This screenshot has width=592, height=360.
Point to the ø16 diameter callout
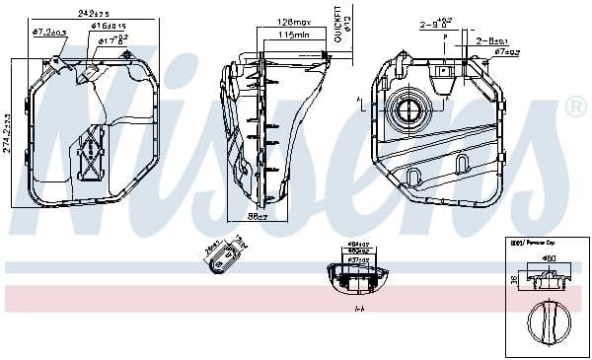click(111, 28)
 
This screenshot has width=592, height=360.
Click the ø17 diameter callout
click(111, 41)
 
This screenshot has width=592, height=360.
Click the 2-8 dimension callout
click(488, 40)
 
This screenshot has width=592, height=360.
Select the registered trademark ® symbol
click(574, 106)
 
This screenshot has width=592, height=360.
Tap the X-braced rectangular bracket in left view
click(91, 154)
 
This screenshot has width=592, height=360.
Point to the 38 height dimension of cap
click(514, 280)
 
